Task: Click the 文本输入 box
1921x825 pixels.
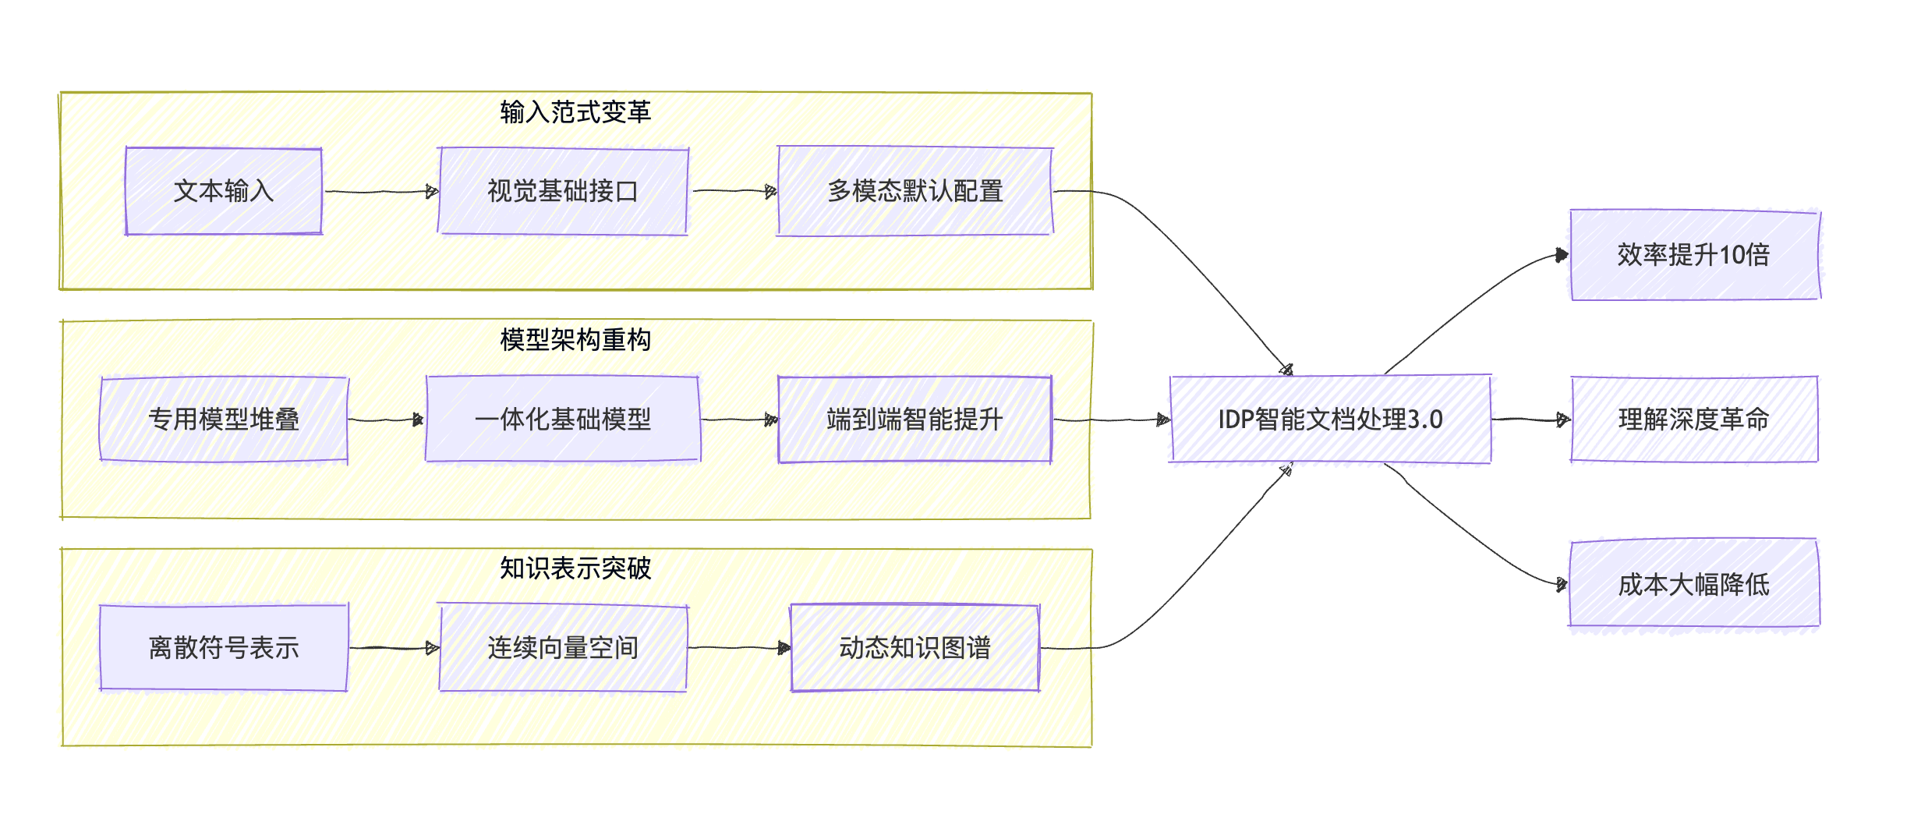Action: pos(224,191)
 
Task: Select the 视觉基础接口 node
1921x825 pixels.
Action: pos(563,191)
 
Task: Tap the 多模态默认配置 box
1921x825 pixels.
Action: pos(915,191)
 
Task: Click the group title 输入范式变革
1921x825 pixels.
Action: pos(575,112)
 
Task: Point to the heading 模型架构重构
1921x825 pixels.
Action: pos(575,340)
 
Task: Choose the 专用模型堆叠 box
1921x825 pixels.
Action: pos(224,420)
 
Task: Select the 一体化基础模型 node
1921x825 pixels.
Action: pos(563,420)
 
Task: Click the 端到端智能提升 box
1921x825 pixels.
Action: pos(915,420)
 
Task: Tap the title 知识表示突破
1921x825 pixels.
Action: pos(575,568)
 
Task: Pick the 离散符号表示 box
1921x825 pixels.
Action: pos(224,648)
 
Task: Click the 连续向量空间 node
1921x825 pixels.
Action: pos(563,648)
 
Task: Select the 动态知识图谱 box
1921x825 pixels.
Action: pos(915,648)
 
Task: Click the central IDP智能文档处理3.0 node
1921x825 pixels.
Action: pos(1330,420)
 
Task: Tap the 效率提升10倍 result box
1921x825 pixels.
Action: pos(1693,255)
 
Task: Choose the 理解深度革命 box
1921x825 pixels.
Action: pos(1693,420)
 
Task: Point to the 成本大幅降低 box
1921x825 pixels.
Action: pos(1693,585)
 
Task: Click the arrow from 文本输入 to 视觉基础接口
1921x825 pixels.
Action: pos(380,191)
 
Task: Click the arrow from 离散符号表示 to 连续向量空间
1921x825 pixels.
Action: pos(394,648)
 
